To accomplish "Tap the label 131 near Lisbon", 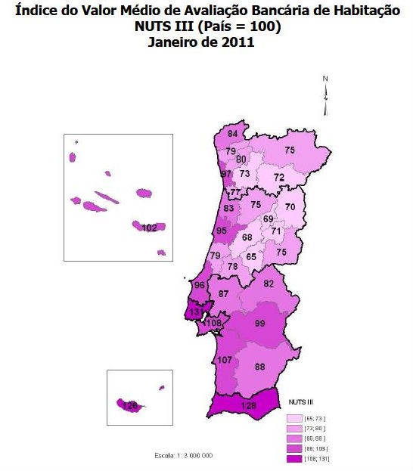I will pyautogui.click(x=196, y=311).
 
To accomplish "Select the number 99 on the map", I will pyautogui.click(x=259, y=324).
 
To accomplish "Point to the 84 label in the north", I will pyautogui.click(x=233, y=134).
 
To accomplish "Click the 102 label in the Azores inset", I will pyautogui.click(x=150, y=228).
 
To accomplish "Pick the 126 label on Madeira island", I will pyautogui.click(x=129, y=405).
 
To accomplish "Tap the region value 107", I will pyautogui.click(x=225, y=360).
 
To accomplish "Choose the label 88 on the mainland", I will pyautogui.click(x=259, y=367).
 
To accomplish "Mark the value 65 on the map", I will pyautogui.click(x=251, y=257).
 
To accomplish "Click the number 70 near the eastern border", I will pyautogui.click(x=289, y=206).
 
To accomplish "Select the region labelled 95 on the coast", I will pyautogui.click(x=222, y=231).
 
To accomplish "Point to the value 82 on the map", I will pyautogui.click(x=269, y=284).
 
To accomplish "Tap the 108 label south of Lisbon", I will pyautogui.click(x=213, y=324).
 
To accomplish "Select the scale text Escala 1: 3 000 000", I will pyautogui.click(x=182, y=456).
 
